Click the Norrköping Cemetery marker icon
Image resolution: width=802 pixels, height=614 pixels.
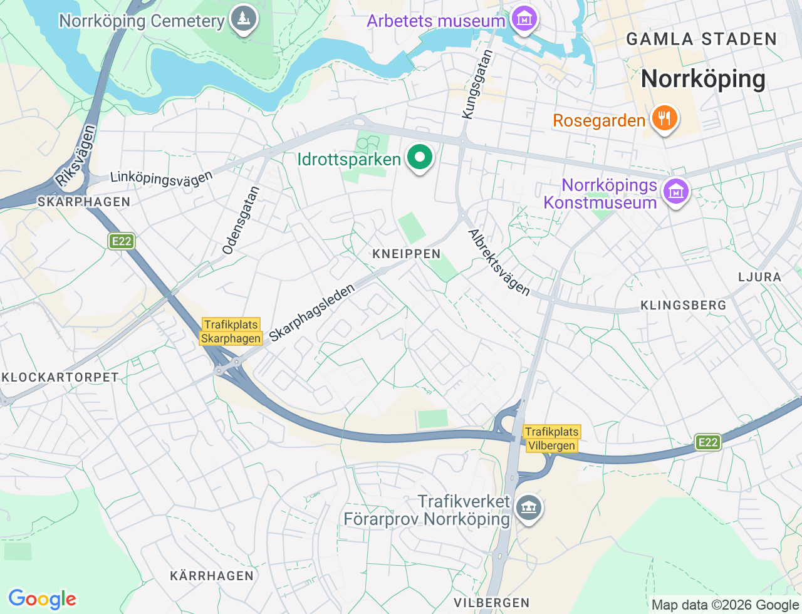[x=243, y=19]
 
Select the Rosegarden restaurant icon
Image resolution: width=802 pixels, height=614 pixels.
[x=664, y=118]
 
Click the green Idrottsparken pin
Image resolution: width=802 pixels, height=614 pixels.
[x=420, y=158]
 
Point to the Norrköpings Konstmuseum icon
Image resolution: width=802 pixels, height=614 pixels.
[x=675, y=192]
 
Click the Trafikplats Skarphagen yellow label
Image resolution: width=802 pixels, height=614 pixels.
[x=231, y=331]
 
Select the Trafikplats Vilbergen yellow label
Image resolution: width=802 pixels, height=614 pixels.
[x=551, y=439]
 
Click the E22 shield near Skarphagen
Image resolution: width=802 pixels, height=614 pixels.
[x=122, y=241]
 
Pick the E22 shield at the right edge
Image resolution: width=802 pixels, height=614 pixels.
[x=708, y=442]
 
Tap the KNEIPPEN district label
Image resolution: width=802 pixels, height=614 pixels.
[x=407, y=254]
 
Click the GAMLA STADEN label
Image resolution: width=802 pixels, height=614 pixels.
[x=701, y=39]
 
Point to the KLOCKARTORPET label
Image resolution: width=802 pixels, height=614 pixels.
[x=60, y=377]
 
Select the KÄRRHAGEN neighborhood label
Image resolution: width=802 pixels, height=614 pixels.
[x=212, y=576]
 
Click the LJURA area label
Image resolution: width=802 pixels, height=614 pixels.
[x=759, y=277]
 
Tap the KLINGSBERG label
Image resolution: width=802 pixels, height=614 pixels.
[x=683, y=305]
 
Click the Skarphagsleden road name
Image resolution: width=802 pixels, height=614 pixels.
[x=312, y=313]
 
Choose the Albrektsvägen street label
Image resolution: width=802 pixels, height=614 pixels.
[x=499, y=263]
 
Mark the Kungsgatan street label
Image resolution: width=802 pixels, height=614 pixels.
[x=477, y=85]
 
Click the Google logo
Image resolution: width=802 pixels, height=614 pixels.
[x=42, y=599]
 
